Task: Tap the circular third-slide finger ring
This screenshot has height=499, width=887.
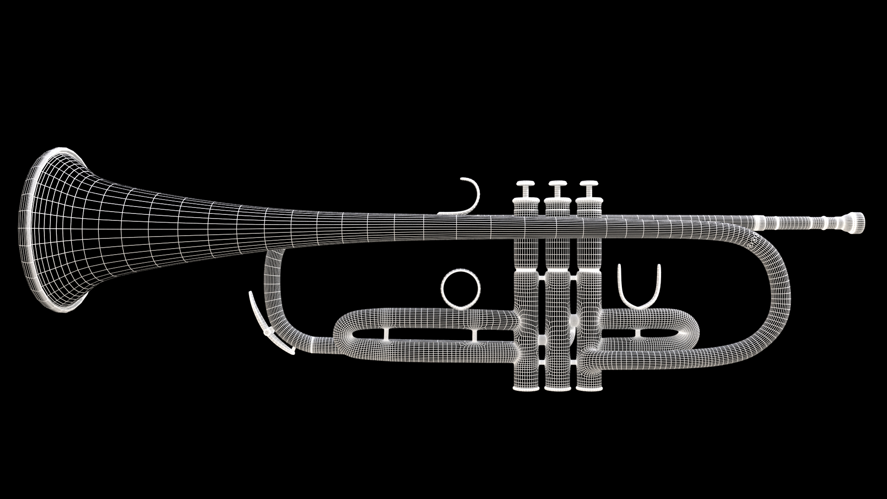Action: point(461,287)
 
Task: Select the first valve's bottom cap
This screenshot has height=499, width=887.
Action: point(526,388)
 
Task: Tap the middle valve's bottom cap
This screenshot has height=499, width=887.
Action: point(558,388)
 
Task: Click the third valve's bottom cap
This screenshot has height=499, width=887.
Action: point(589,388)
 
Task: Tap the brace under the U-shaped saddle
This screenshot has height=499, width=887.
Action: point(638,333)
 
